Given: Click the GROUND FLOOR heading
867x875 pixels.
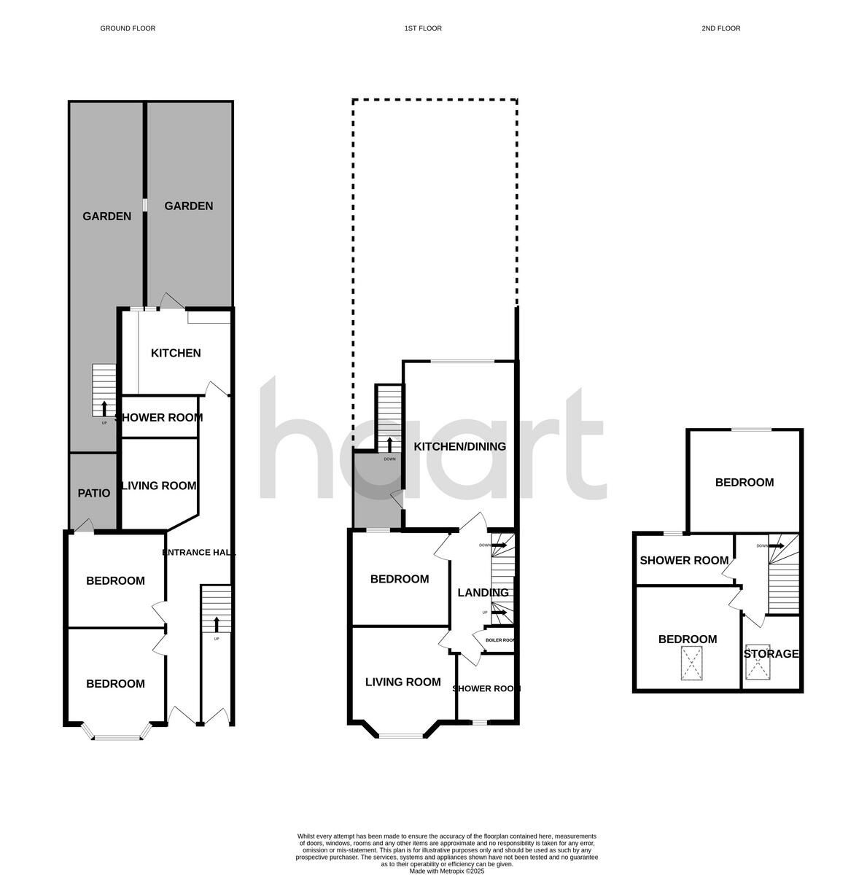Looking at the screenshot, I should coord(128,28).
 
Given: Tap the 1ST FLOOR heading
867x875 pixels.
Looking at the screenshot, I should coord(423,28).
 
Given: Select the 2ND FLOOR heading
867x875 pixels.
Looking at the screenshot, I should coord(720,28).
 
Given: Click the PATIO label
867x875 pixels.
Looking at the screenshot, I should coord(94,494).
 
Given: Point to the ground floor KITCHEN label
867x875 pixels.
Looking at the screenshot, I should coord(176,353).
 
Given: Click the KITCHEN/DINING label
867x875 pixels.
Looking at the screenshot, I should coord(459,446).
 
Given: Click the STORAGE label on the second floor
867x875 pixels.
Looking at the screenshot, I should coord(771,654).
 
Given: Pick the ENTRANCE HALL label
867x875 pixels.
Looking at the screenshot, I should coord(198,553).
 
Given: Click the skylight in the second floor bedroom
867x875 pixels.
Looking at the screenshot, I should coord(691,663).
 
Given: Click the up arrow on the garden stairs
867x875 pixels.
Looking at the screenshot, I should coord(104,407).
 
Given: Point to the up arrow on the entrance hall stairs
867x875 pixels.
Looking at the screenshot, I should coord(216,623).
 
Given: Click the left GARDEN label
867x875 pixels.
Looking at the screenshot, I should coord(106,216).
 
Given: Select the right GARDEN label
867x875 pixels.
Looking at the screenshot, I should coord(189,206).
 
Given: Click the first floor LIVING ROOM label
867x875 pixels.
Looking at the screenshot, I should coord(403,682).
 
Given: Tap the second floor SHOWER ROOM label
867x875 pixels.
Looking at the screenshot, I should coord(684,560).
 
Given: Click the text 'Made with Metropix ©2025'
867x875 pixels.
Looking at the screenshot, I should coord(446,871).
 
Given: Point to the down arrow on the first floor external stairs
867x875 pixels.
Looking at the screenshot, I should coord(389,444).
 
